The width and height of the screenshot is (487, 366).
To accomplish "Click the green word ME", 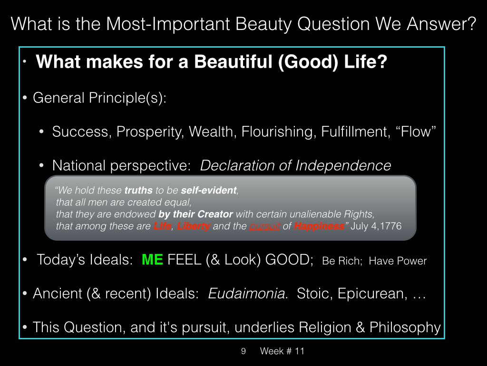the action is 152,260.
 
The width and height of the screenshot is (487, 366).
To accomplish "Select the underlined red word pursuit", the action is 264,226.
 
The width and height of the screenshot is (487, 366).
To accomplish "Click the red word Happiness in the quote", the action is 319,226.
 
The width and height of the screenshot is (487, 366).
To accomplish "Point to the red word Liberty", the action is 194,226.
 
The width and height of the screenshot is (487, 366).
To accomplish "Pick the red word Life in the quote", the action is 163,226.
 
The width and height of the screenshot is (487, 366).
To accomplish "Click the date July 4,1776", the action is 376,226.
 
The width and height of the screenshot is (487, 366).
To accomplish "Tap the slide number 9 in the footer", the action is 243,351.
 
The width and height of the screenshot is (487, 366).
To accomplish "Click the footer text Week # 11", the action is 282,351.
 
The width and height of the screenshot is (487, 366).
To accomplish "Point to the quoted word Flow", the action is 416,132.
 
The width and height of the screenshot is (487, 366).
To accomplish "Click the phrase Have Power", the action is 398,261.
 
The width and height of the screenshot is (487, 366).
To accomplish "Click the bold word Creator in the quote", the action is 215,214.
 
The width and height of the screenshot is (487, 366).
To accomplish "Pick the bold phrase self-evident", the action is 209,190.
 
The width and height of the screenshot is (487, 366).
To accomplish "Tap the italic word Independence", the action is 343,165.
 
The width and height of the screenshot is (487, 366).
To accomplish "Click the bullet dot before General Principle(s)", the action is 25,98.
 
